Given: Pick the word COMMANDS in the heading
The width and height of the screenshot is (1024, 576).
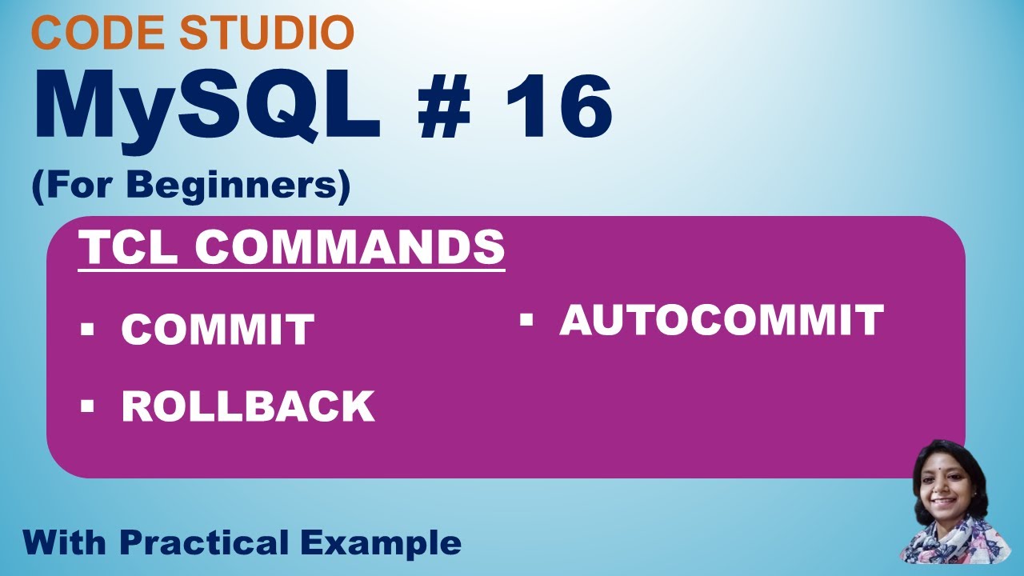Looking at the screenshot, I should (350, 248).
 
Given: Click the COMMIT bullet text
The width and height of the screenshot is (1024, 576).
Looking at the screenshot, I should (218, 330).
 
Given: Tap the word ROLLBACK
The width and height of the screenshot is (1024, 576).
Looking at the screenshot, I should (248, 406).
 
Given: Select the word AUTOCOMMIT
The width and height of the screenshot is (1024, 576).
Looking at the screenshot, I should (721, 320).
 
